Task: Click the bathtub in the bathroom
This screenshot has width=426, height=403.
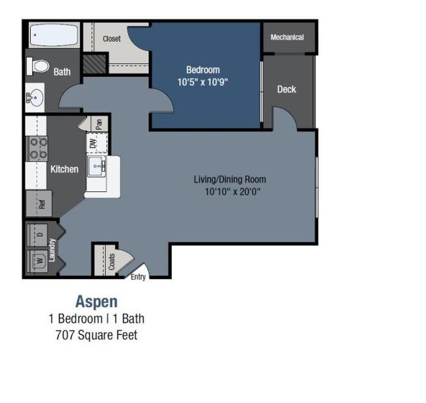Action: click(54, 35)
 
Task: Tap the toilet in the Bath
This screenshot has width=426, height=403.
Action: click(38, 66)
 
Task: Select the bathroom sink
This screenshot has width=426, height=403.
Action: click(35, 98)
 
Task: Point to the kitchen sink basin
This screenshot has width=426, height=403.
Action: click(96, 166)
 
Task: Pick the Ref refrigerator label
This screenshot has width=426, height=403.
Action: click(41, 204)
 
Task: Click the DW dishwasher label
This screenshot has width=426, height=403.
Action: click(93, 144)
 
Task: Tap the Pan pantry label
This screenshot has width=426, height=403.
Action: click(99, 124)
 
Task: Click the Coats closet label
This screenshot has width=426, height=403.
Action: click(111, 262)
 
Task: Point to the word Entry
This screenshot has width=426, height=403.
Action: click(138, 277)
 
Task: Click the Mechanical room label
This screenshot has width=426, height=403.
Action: click(287, 37)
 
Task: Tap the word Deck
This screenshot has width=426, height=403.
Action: click(286, 89)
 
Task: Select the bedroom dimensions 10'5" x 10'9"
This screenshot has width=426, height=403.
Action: click(203, 82)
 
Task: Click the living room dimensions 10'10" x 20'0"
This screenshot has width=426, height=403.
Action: click(233, 192)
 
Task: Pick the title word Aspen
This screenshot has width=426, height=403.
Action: click(96, 301)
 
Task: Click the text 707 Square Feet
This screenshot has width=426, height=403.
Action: click(96, 335)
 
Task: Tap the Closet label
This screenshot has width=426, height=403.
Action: click(111, 39)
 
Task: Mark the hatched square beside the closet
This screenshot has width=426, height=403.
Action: click(94, 64)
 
